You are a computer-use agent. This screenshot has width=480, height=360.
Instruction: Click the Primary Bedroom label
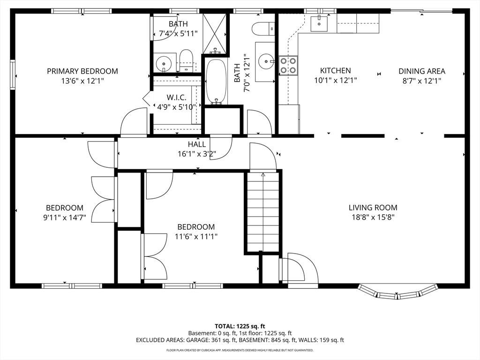coord(82,71)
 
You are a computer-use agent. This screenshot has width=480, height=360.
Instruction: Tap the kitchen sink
coord(319,24)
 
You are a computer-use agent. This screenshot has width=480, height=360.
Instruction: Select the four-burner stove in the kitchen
coord(288,65)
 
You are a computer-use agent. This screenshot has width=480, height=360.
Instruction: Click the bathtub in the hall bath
coord(216,82)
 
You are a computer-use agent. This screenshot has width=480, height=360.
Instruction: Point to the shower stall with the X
coord(215,33)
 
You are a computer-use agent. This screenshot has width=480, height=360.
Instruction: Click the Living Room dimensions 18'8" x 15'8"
coord(373,217)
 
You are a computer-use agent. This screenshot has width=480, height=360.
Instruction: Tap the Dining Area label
coord(421,71)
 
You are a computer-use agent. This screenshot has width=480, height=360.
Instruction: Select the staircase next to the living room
coord(263,211)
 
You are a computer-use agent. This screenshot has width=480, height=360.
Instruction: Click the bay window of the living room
coord(397,292)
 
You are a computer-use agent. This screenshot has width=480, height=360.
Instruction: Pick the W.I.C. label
coord(176,97)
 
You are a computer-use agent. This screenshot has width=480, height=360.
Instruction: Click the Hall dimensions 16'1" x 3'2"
coord(197,154)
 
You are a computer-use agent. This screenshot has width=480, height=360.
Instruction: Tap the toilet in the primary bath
coord(186,60)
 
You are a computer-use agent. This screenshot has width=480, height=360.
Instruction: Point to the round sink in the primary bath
coord(164,64)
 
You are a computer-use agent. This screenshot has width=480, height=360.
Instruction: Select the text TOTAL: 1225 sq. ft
coord(240,326)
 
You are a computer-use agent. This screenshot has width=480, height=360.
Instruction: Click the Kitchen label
coord(336,70)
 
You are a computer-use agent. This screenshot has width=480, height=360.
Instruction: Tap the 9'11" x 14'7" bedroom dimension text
coord(65,217)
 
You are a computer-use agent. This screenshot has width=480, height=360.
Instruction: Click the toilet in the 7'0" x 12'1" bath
coord(263,29)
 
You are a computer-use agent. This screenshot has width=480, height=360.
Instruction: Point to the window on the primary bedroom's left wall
coord(13,75)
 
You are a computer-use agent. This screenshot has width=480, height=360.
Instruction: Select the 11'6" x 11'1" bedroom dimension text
coord(196,237)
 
